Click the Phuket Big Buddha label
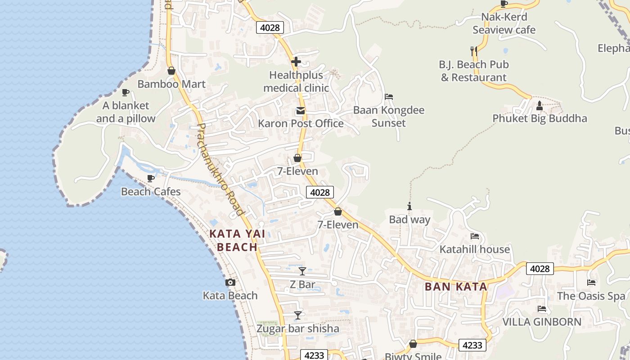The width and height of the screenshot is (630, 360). click(540, 118)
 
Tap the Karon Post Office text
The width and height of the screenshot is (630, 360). click(301, 123)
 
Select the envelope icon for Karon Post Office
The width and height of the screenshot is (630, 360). click(300, 111)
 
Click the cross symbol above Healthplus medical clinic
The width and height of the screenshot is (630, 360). click(296, 62)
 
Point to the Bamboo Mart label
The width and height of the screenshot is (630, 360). click(171, 84)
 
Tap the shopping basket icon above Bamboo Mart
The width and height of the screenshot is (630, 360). click(171, 71)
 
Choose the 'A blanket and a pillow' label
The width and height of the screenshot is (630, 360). click(126, 112)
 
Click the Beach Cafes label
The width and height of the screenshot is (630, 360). click(151, 192)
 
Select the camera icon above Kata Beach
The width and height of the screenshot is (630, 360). click(230, 282)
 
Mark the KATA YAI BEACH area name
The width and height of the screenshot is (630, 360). click(238, 240)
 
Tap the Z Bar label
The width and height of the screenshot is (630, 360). click(302, 284)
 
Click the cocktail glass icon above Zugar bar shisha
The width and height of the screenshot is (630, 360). click(298, 315)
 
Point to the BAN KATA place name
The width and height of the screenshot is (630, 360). click(456, 287)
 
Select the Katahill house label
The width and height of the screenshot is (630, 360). click(475, 249)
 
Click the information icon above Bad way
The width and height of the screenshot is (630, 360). click(409, 207)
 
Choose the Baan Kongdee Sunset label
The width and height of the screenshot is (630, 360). click(389, 117)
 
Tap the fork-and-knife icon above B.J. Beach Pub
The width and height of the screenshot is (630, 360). click(473, 51)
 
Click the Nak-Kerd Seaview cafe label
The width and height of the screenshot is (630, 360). click(504, 23)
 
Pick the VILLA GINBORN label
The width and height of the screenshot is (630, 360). click(542, 322)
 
